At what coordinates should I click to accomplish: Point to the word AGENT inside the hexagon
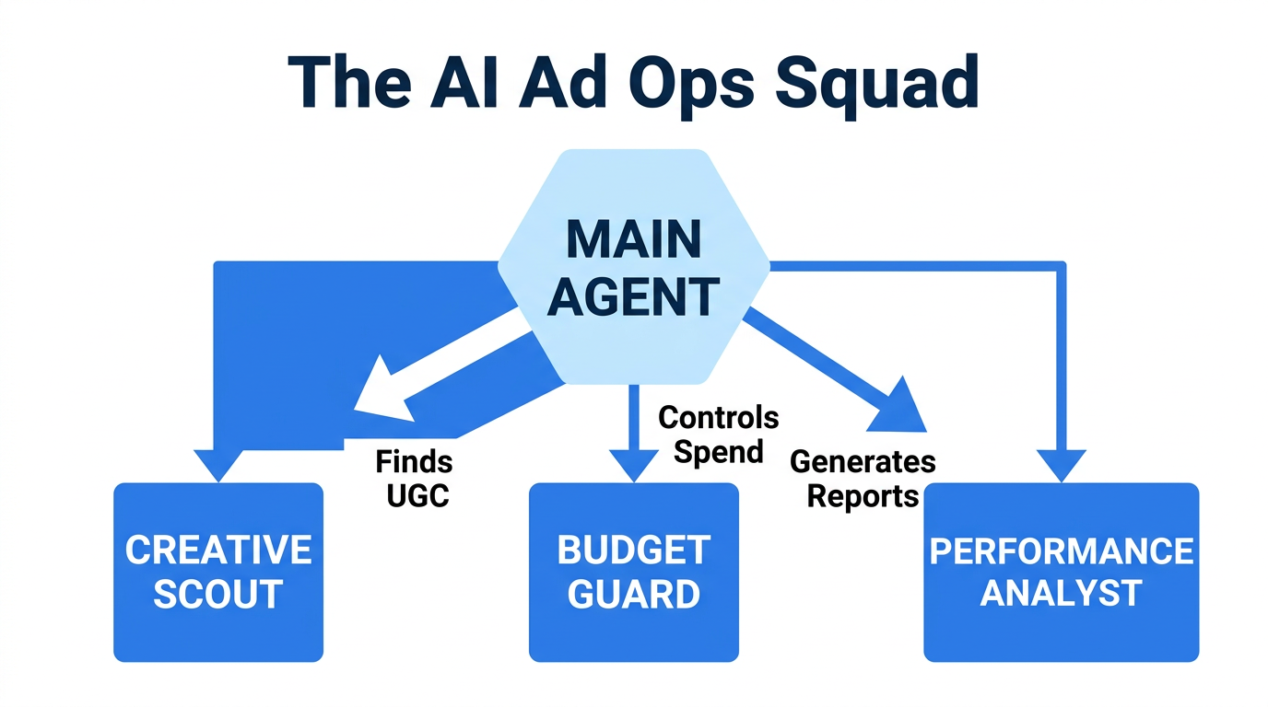[634, 297]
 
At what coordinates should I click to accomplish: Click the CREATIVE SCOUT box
[218, 572]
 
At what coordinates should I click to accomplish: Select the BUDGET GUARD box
[634, 572]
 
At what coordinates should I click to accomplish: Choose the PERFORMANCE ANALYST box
[1061, 572]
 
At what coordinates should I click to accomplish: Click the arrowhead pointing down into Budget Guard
[634, 465]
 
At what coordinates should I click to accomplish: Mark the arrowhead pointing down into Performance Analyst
[1061, 465]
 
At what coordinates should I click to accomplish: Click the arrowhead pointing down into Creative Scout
[218, 465]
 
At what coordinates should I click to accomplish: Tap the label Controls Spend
[718, 434]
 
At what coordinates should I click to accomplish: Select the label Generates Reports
[863, 478]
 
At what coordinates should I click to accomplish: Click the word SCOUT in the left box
[218, 595]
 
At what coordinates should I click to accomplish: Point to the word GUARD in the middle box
[634, 595]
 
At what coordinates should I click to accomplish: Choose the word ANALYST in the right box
[1061, 593]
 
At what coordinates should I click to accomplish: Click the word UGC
[417, 495]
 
